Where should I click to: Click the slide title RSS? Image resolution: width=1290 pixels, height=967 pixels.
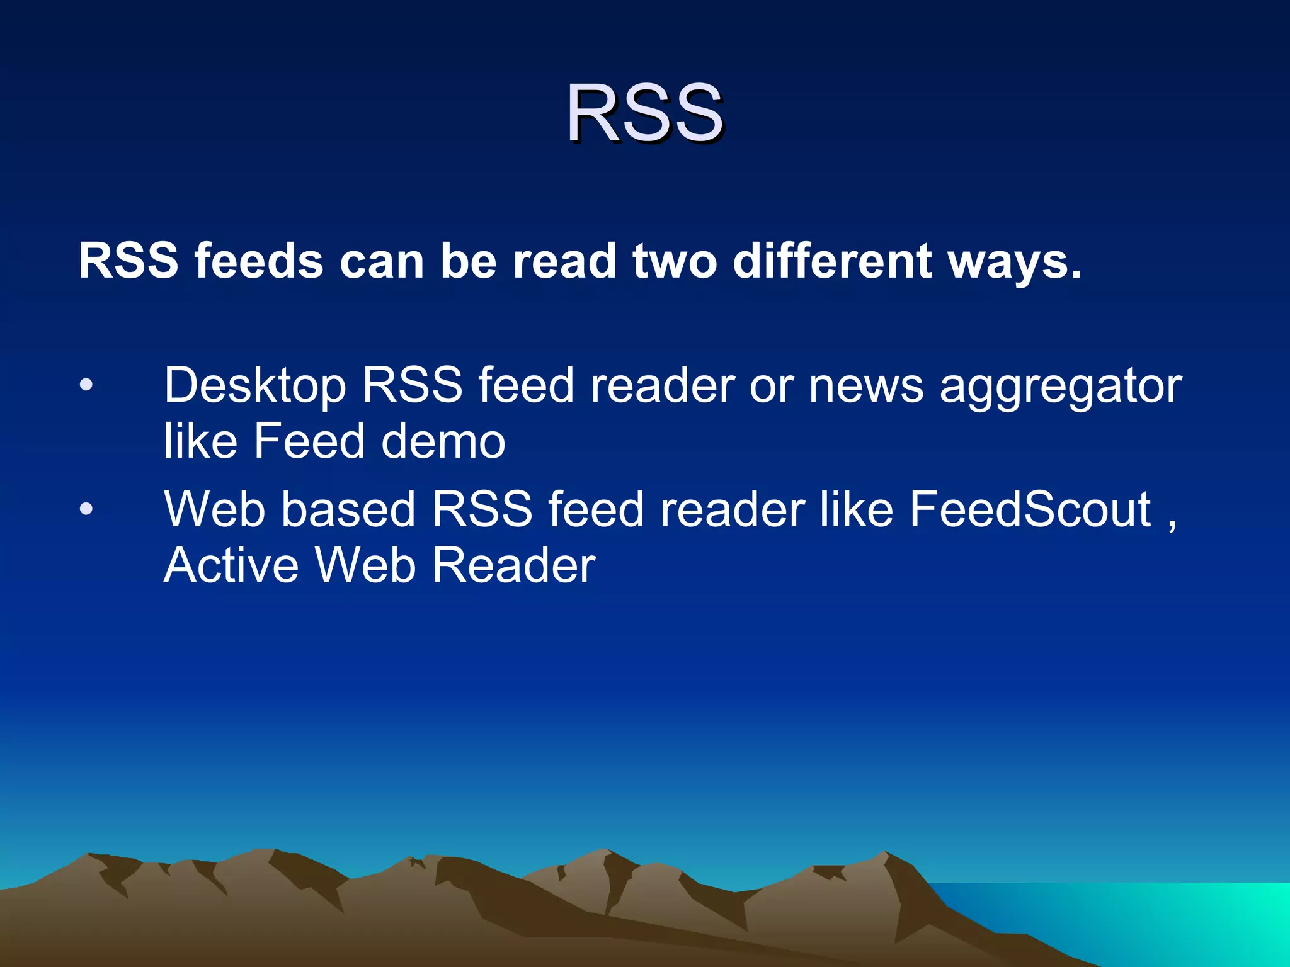pos(644,113)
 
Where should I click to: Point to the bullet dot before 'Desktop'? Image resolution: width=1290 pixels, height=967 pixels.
pos(86,385)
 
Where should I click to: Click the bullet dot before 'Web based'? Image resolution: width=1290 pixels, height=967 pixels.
pos(86,509)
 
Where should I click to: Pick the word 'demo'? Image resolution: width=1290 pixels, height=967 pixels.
pos(443,441)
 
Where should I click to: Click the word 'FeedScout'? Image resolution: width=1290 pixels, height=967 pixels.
pos(1030,509)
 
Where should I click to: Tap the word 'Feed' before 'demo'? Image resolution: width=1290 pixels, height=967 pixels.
pos(309,441)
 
